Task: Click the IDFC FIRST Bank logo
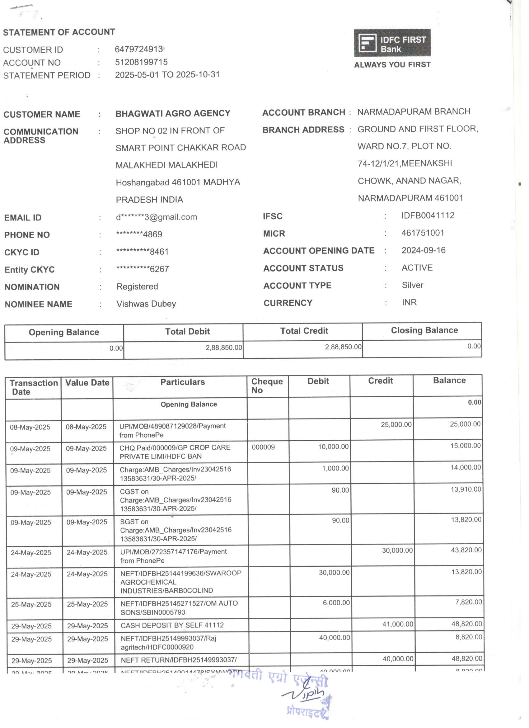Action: (x=392, y=43)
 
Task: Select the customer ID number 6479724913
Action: (x=138, y=49)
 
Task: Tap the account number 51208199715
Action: (x=141, y=62)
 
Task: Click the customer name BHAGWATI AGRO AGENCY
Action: (x=173, y=113)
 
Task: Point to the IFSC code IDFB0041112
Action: (x=428, y=215)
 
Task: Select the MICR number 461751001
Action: (x=423, y=233)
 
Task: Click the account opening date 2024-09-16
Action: (x=423, y=250)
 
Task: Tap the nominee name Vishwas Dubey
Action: (x=146, y=304)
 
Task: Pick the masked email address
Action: (x=156, y=217)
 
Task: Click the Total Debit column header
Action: (x=187, y=332)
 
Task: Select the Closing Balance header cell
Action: (x=424, y=330)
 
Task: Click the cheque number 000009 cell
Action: (x=263, y=447)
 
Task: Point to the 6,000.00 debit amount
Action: (x=336, y=603)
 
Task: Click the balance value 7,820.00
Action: (x=468, y=602)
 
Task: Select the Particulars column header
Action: (x=182, y=382)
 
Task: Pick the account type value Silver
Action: (x=412, y=285)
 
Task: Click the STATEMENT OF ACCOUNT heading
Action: (x=59, y=32)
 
